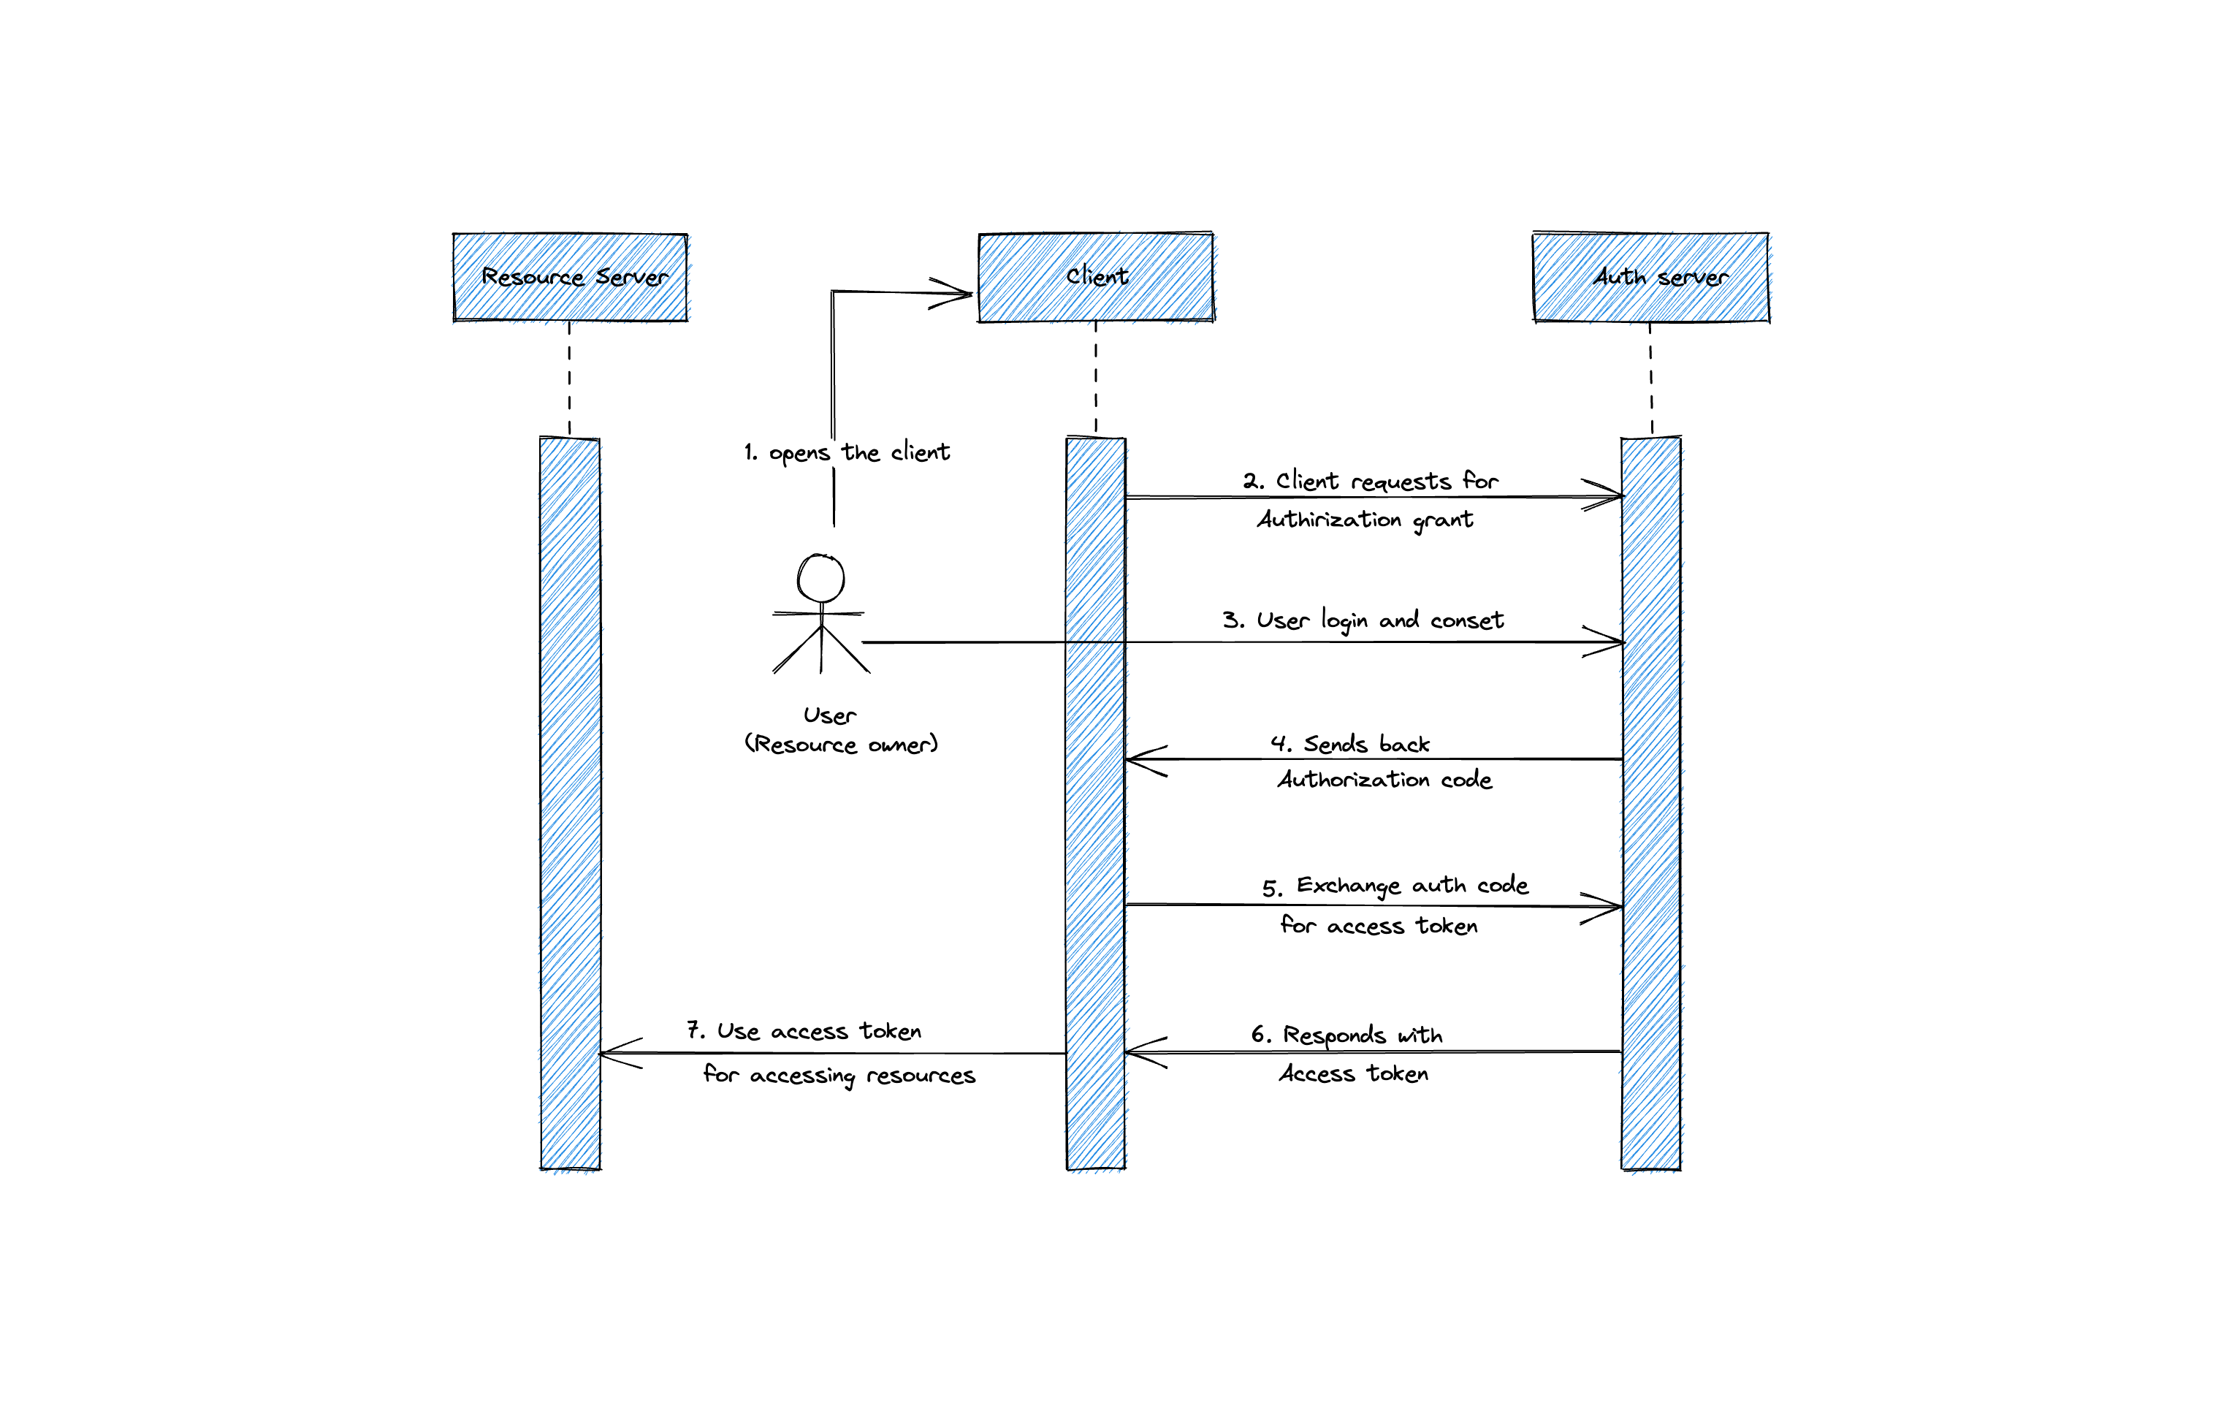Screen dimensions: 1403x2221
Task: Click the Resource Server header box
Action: pos(570,277)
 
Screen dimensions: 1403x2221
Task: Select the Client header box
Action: pos(1095,277)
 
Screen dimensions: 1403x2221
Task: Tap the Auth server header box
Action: pos(1650,277)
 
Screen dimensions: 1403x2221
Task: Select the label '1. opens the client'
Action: pos(847,452)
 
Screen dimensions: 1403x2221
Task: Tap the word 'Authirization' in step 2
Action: pos(1329,520)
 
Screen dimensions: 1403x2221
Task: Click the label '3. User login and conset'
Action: pos(1363,620)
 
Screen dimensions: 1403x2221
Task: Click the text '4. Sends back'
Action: pos(1349,743)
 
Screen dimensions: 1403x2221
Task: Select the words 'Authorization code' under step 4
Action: pos(1384,780)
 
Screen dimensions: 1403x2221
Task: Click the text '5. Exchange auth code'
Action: pos(1394,886)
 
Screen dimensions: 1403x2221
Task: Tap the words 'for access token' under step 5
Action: pos(1378,925)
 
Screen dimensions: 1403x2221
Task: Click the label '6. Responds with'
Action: pos(1346,1035)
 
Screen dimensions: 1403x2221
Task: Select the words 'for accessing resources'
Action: pos(839,1075)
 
